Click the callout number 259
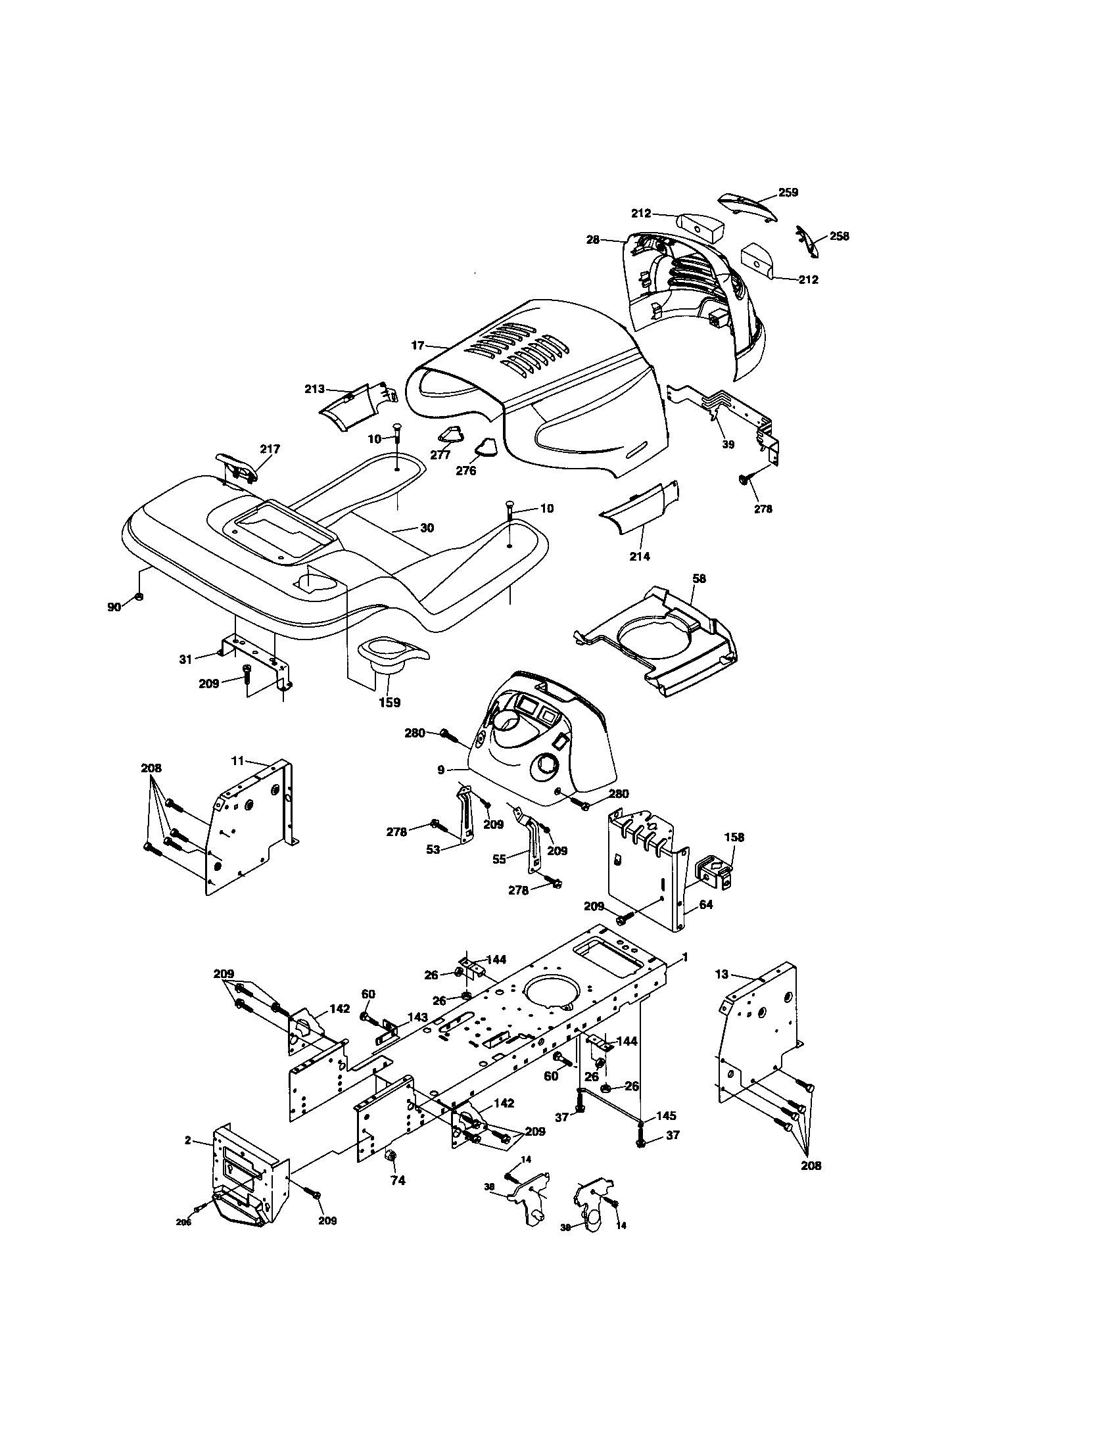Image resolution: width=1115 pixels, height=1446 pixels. tap(787, 193)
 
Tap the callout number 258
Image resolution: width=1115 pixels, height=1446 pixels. tap(839, 237)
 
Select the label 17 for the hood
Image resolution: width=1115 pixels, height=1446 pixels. tap(417, 346)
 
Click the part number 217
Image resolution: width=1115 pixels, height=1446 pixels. tap(270, 449)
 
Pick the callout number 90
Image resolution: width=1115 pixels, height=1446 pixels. tap(114, 607)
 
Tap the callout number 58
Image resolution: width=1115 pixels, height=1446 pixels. tap(700, 578)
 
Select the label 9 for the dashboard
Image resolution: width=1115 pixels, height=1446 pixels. tap(440, 770)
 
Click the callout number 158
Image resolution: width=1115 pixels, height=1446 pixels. tap(734, 837)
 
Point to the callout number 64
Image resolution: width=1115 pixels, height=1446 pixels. tap(706, 904)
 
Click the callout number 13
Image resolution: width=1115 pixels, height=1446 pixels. tap(722, 974)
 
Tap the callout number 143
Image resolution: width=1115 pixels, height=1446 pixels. tap(417, 1017)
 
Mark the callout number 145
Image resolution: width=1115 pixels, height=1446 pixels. tap(666, 1116)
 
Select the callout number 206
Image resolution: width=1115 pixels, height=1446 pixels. tap(183, 1223)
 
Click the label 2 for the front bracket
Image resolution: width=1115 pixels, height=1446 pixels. tap(188, 1141)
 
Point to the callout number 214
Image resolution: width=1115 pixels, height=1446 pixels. tap(639, 556)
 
